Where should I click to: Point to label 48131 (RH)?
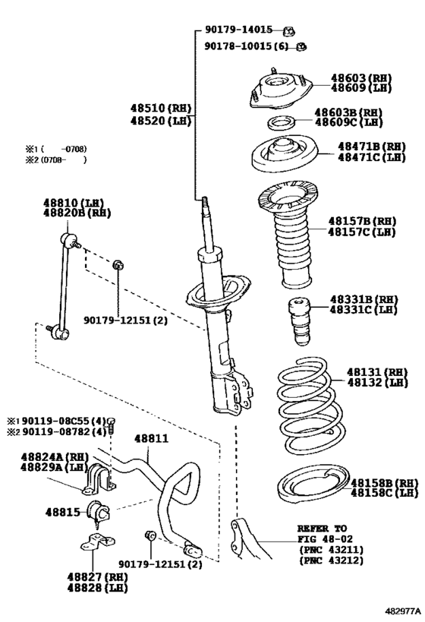pos(372,372)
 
